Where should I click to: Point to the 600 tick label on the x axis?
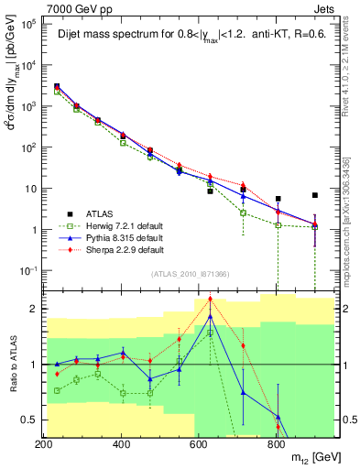(x=199, y=444)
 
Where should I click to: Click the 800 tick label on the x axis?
(x=277, y=444)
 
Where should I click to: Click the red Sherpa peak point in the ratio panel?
(x=210, y=299)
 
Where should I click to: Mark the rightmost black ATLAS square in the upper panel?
(x=314, y=195)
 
